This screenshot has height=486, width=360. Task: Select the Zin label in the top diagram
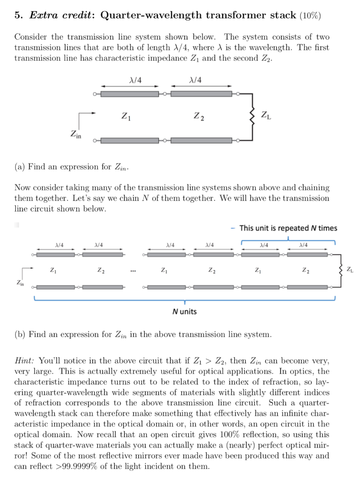pos(75,135)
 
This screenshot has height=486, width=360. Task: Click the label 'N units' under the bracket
pos(185,311)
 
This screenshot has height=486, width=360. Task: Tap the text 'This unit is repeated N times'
pos(288,228)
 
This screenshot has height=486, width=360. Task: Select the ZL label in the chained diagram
pos(350,271)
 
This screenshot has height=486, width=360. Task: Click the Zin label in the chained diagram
pos(21,283)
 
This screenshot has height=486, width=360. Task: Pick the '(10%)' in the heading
pos(310,16)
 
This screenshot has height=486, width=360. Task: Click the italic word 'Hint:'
pos(25,361)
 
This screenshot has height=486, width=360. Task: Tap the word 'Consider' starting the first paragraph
pos(30,37)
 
